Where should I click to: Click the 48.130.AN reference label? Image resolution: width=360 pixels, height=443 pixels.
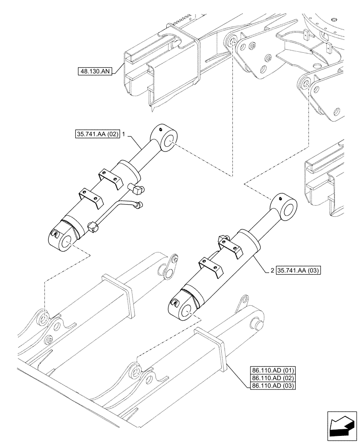tap(95, 70)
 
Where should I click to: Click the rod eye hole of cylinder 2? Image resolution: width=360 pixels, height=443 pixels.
tap(290, 210)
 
